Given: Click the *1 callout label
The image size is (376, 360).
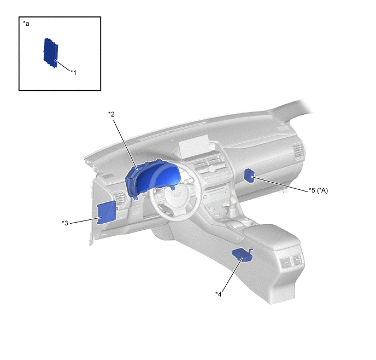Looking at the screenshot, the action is pyautogui.click(x=74, y=72).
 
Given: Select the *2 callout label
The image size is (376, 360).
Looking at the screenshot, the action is pyautogui.click(x=111, y=114).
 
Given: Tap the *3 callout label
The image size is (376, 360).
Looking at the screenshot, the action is pyautogui.click(x=65, y=223).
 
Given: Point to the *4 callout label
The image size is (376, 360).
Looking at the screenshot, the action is pyautogui.click(x=219, y=294).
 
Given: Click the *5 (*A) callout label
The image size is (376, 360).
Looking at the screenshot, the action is pyautogui.click(x=318, y=190).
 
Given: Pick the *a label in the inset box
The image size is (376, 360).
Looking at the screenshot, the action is pyautogui.click(x=26, y=24).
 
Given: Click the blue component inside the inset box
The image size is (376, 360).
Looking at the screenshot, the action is pyautogui.click(x=51, y=53).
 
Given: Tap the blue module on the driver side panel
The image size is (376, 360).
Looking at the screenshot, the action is pyautogui.click(x=107, y=213).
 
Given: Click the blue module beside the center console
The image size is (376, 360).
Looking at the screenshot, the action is pyautogui.click(x=243, y=255).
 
